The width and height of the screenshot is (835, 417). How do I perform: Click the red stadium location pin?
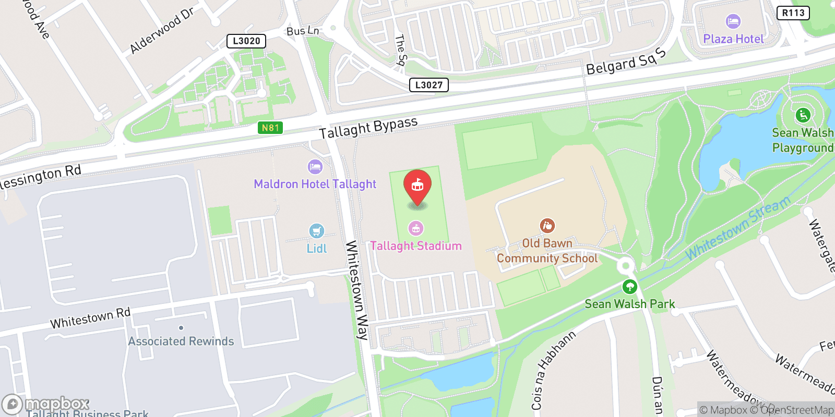coord(417,186)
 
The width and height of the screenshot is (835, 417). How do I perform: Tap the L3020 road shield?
coord(246,41)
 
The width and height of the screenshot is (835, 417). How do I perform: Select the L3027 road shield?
coord(429,85)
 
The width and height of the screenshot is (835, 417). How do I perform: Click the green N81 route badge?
coord(270,128)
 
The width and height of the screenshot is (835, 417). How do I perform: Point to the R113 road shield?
coord(793,13)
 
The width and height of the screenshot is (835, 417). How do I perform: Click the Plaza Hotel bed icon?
coord(733,22)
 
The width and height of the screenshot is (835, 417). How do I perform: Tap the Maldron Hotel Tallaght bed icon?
coord(315,167)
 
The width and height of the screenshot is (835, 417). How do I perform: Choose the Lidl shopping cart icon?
coord(317,230)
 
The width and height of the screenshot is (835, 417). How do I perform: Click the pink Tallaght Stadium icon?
coord(416,228)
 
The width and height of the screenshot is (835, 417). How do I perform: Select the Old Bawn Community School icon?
coord(547,226)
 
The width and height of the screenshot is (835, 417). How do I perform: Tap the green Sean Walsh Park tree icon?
coord(630,287)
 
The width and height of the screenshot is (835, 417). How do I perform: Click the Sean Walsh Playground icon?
coord(803,115)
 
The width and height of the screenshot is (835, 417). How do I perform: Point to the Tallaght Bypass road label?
coord(368,128)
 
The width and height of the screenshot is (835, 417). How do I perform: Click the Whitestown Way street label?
coord(357,290)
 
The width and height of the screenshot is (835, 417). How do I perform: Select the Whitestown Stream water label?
coord(738,228)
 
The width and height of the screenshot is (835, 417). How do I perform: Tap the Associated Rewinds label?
coord(181,341)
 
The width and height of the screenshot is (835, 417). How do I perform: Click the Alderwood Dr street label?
coord(162,31)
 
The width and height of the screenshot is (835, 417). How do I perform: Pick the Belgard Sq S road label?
coord(626,62)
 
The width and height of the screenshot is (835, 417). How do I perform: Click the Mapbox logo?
coord(46,404)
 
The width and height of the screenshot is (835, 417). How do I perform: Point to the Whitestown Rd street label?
coord(90,318)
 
